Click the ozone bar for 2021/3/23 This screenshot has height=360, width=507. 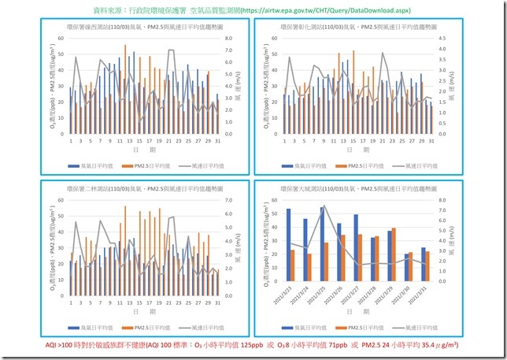(x=288, y=236)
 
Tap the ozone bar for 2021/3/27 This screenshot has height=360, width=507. (x=356, y=239)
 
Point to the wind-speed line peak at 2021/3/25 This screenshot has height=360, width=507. (x=324, y=206)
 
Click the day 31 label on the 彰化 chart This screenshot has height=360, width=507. (x=431, y=141)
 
